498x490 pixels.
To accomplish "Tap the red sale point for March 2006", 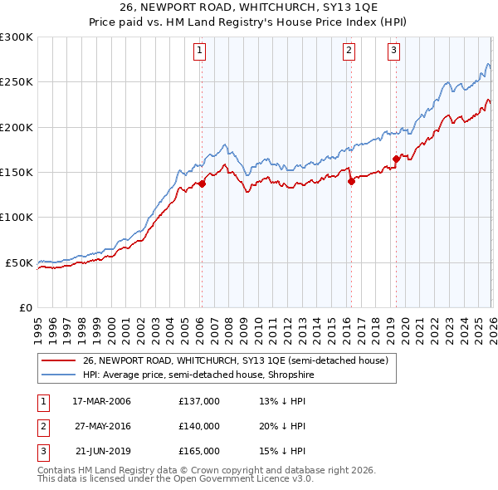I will [202, 184].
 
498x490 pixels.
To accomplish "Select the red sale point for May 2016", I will [351, 181].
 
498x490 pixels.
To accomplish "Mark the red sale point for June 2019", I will [396, 159].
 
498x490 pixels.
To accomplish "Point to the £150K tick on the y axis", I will [17, 172].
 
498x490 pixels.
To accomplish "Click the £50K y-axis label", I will [20, 262].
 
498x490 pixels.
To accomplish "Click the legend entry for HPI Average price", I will [198, 375].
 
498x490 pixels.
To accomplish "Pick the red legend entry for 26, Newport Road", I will [235, 360].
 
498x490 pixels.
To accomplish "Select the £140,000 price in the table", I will [199, 426].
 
